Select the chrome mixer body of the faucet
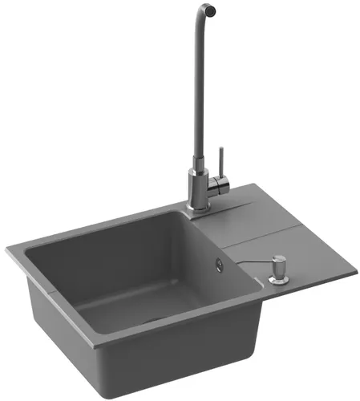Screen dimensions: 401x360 tap(197, 184)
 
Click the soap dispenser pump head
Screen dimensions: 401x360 tap(277, 261)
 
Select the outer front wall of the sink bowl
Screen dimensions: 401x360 tap(184, 353)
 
